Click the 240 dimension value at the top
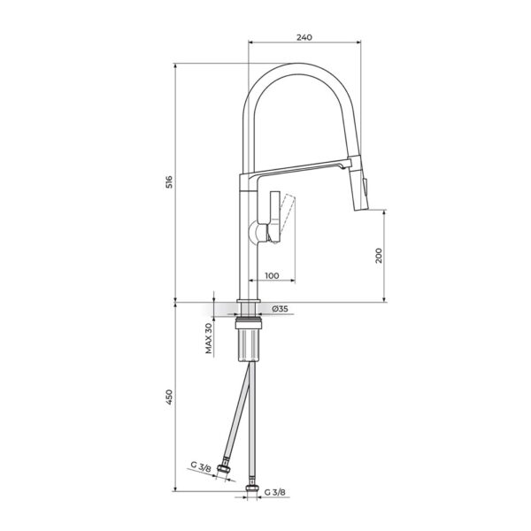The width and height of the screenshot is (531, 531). click(x=304, y=37)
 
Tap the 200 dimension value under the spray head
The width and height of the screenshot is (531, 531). click(x=379, y=256)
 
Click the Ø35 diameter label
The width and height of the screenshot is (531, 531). click(x=280, y=309)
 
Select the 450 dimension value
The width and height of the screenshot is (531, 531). click(x=169, y=397)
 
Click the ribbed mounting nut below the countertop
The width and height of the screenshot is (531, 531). click(x=249, y=342)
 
